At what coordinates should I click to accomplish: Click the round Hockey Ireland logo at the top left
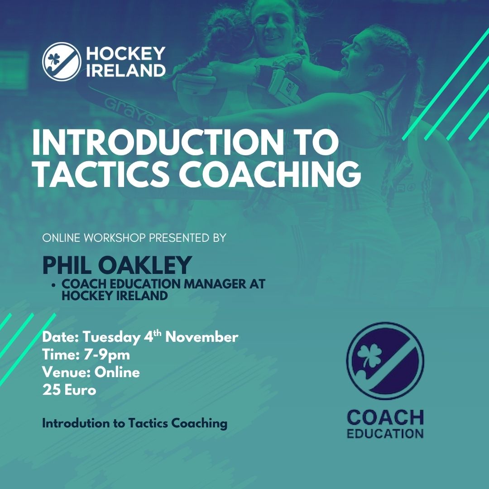point(62,62)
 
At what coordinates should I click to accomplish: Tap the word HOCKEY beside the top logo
point(125,53)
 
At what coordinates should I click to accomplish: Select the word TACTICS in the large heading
point(101,173)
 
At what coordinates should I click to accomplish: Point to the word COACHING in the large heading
point(270,173)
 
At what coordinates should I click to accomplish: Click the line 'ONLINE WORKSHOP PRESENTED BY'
point(134,238)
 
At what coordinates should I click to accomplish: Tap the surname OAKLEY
point(145,265)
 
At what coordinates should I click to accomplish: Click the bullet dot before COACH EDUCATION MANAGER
point(54,285)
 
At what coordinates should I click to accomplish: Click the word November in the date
point(202,337)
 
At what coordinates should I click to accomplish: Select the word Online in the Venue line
point(117,372)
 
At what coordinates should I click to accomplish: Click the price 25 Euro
point(69,390)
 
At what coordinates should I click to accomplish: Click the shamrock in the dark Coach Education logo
point(369,355)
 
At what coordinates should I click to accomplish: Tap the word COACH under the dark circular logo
point(385,417)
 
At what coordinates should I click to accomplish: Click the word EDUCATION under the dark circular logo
point(385,434)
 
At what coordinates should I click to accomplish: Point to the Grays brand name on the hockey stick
point(129,111)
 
